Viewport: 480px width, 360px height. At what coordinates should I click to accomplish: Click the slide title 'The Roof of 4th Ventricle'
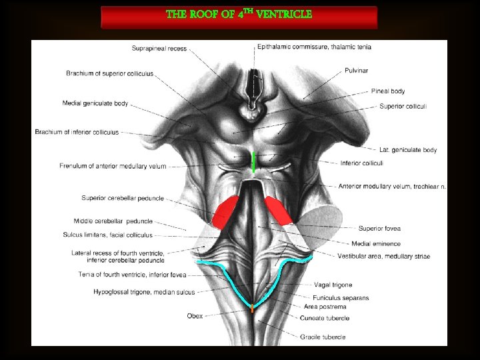[x=239, y=14]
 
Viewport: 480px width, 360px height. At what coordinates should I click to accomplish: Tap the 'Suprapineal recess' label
[x=159, y=49]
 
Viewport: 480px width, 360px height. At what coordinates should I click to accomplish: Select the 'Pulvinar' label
[x=356, y=70]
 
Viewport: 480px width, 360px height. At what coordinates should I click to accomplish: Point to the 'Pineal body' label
[x=387, y=91]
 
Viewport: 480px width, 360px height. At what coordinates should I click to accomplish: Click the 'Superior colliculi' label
[x=403, y=106]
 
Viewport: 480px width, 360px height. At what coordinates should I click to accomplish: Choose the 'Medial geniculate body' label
[x=95, y=103]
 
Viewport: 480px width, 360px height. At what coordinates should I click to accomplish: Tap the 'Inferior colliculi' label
[x=361, y=163]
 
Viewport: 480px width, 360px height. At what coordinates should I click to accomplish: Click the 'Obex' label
[x=195, y=316]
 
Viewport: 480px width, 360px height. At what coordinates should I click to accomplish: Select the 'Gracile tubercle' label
[x=323, y=337]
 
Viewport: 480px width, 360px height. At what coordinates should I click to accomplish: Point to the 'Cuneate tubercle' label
[x=325, y=318]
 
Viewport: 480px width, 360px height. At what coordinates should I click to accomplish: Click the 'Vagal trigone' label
[x=333, y=285]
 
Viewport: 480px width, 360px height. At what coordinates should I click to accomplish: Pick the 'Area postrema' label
[x=325, y=307]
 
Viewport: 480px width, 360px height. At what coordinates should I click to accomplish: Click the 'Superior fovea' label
[x=379, y=228]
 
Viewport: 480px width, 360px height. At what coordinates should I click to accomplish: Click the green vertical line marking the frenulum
[x=253, y=162]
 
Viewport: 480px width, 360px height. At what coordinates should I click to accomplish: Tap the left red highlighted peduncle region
[x=224, y=212]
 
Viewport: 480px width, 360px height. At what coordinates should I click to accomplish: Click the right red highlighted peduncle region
[x=279, y=209]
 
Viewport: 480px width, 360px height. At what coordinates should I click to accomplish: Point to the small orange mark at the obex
[x=252, y=310]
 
